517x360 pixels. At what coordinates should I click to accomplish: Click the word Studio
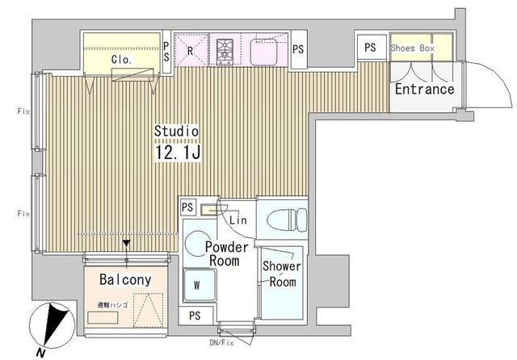pos(177,131)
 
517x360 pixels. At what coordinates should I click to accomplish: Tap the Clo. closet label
pos(121,60)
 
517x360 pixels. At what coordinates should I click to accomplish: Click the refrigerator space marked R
pos(191,50)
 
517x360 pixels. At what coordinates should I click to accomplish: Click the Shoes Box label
pos(413,48)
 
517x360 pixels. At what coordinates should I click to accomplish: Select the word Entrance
pos(423,89)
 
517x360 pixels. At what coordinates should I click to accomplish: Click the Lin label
pos(237,220)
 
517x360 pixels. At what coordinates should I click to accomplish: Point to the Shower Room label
pos(280,274)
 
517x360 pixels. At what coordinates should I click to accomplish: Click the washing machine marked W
pos(198,285)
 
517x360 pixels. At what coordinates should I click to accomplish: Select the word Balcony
pos(125,279)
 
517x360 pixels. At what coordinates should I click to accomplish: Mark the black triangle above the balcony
pos(126,242)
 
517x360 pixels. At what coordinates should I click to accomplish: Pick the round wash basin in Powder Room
pos(196,245)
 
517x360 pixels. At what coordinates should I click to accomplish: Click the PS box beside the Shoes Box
pos(370,48)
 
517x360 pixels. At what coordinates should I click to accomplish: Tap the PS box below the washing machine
pos(195,315)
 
